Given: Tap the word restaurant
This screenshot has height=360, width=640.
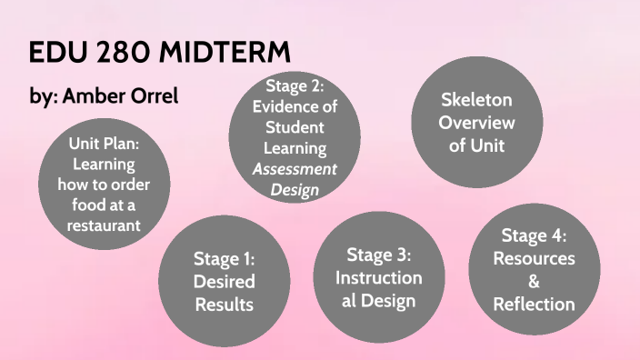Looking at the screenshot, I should point(103,225).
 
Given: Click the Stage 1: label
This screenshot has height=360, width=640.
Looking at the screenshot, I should point(224,258).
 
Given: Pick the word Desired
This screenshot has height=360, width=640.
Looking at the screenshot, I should point(224,281).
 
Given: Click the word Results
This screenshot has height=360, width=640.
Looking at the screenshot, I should point(224,304).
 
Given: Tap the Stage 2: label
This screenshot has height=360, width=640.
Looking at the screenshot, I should point(295,86).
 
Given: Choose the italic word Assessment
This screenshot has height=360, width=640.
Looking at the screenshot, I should point(295,168).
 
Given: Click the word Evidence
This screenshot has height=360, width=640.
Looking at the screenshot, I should point(285,106).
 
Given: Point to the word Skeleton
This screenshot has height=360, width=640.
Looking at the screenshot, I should point(476,100).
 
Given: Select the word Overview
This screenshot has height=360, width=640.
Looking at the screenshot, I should point(476,123).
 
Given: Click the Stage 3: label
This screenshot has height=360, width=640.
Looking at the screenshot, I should point(379,255).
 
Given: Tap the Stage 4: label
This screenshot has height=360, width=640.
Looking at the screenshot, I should point(534,236).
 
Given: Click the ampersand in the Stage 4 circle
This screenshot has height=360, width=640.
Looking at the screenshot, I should point(534,282).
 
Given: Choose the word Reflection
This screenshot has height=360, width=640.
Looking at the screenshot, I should point(534,305).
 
